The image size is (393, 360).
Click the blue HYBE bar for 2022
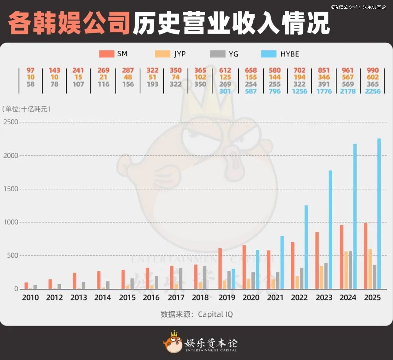[306, 247]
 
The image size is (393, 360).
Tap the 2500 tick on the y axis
[11, 122]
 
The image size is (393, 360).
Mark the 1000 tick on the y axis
[11, 222]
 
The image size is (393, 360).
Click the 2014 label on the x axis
[103, 297]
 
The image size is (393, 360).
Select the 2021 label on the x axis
[275, 297]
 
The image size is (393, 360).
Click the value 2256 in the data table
[373, 91]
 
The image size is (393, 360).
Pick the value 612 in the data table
[225, 70]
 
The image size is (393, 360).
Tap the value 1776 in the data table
[324, 91]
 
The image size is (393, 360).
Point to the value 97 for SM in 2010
[31, 70]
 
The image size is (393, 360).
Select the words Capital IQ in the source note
[215, 314]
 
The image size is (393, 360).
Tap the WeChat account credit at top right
[358, 7]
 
